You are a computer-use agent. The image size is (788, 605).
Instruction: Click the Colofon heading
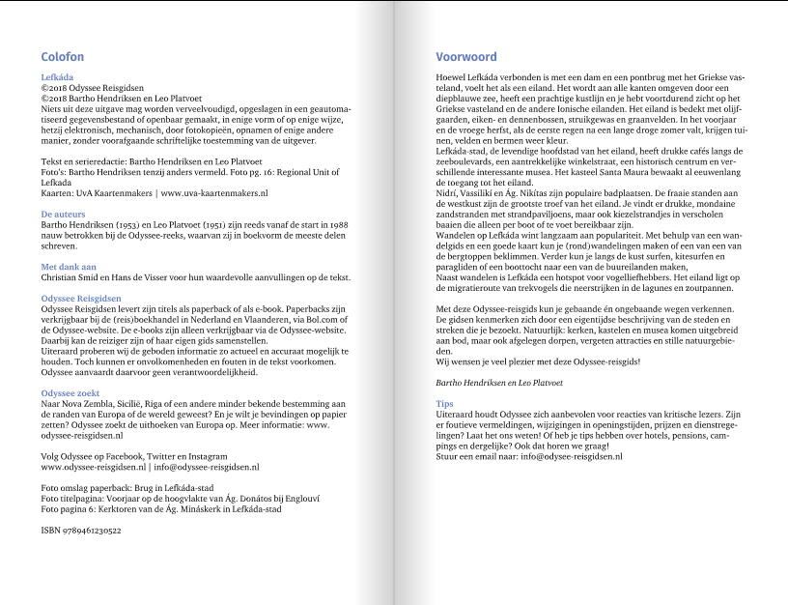[62, 57]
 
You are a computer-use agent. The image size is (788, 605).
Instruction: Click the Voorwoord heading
[466, 57]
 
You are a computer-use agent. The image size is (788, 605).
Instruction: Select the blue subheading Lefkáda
[58, 76]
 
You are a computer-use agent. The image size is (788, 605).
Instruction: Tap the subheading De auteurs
[63, 214]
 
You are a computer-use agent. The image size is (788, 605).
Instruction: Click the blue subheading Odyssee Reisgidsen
[80, 299]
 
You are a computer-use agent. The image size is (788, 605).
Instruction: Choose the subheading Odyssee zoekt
[71, 392]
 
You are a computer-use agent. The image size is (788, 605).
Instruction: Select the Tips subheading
[444, 403]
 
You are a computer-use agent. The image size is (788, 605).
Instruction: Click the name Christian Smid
[70, 277]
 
